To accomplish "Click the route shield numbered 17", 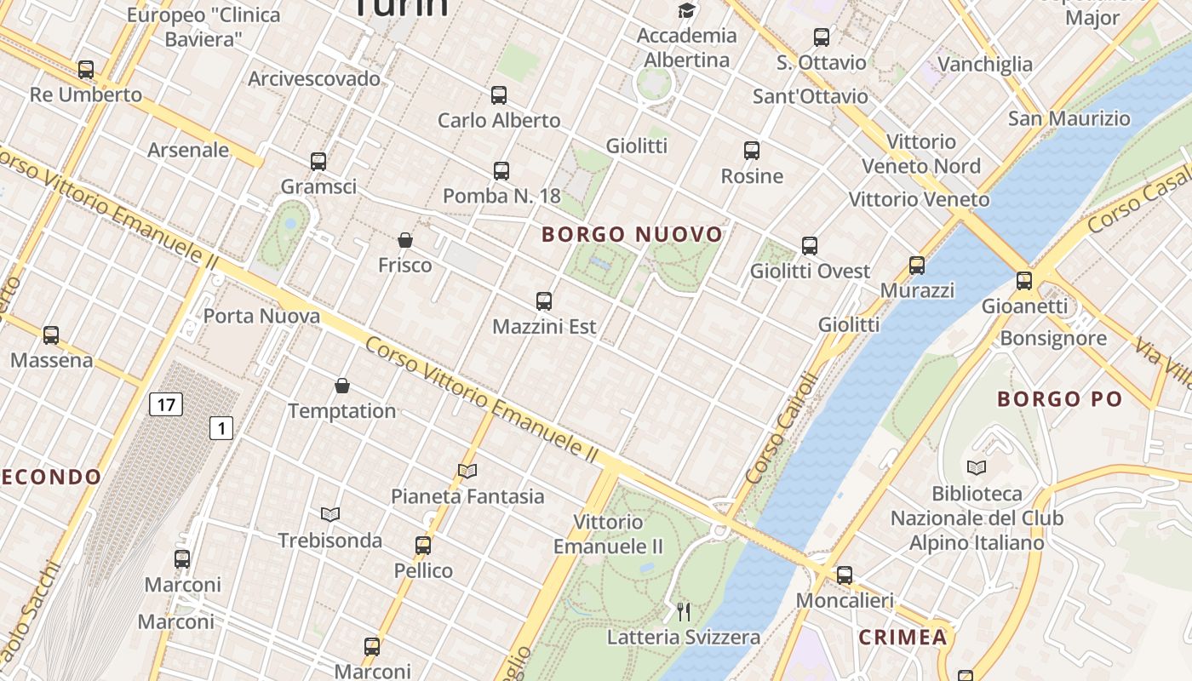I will coord(165,404).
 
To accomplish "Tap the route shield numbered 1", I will coord(221,428).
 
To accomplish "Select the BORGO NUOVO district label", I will coord(632,234).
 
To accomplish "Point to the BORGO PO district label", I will coord(1059,399).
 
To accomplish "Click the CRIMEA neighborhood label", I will coord(903,638).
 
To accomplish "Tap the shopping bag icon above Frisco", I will coord(405,241).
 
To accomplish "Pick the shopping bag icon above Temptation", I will coord(342,386).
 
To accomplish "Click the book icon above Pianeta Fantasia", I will coord(467,471).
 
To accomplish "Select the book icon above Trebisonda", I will coord(330,514).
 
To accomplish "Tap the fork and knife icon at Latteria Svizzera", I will coord(683,611).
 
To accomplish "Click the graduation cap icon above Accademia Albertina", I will coord(686,10).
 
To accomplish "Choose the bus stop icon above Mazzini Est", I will coord(544,301).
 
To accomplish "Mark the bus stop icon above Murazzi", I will coord(916,266).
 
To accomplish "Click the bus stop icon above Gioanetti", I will coord(1023,281).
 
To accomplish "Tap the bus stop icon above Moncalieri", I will coord(844,575).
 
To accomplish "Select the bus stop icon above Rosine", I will coord(751,152).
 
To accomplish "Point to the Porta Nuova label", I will coord(249,317).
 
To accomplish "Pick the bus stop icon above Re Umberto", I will coord(85,70).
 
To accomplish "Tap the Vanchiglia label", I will coord(984,64).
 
